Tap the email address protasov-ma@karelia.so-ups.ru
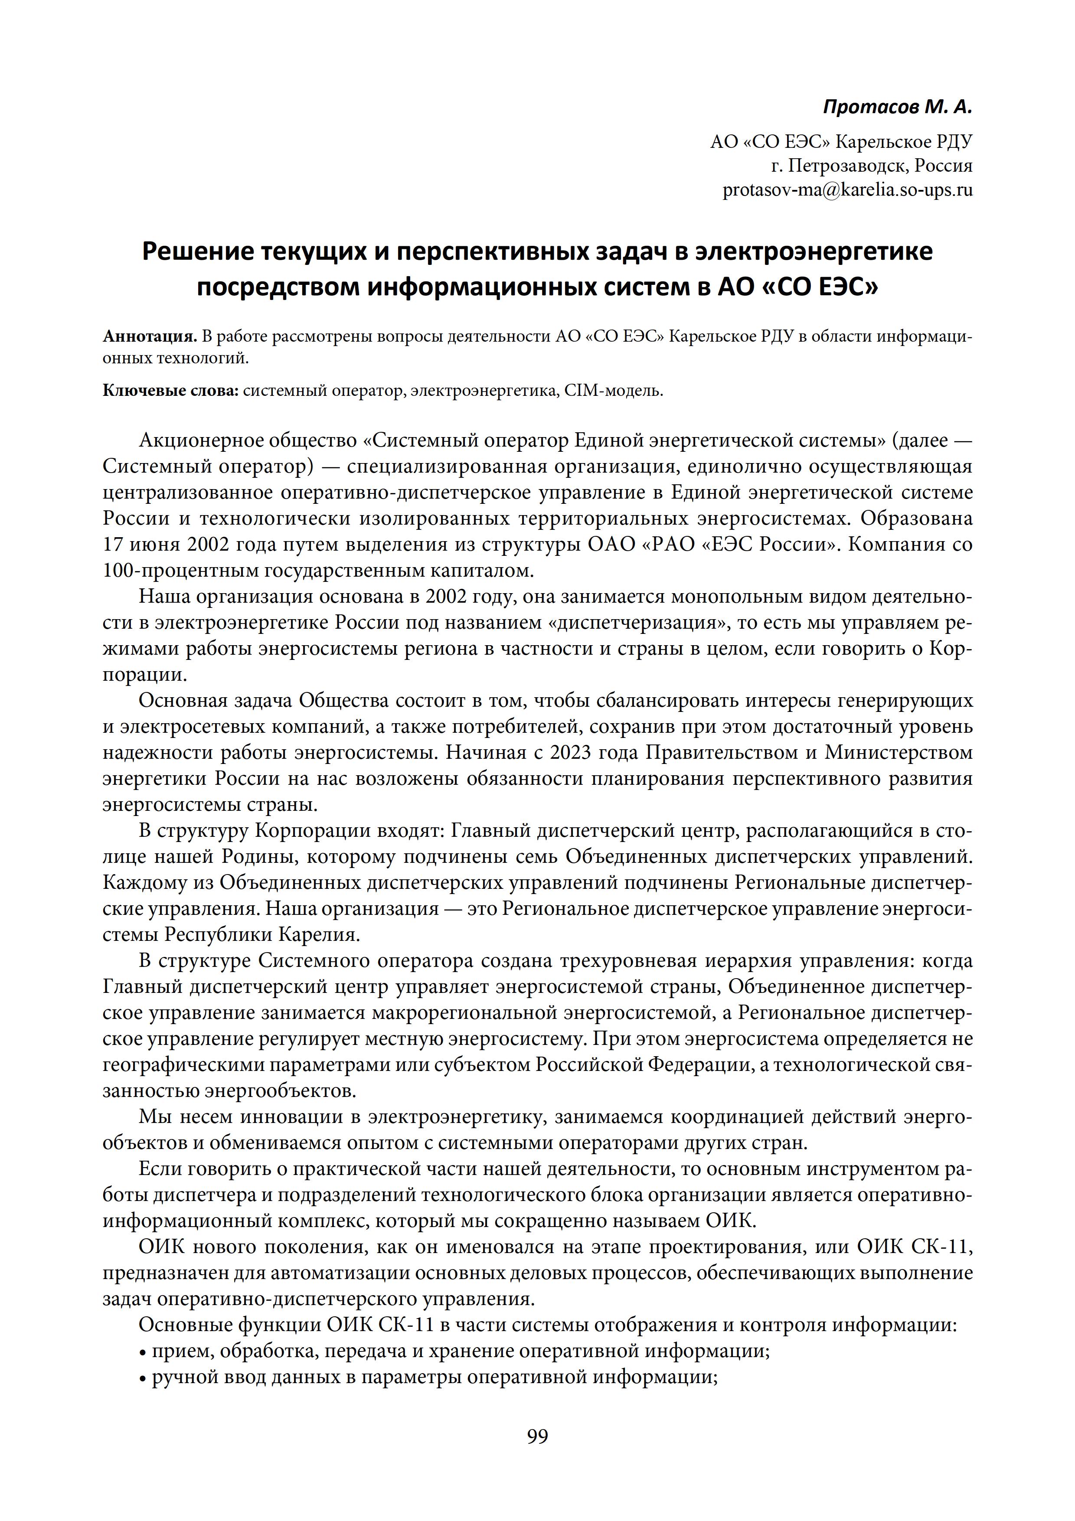pyautogui.click(x=847, y=190)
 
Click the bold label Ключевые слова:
pyautogui.click(x=170, y=391)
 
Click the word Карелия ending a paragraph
pyautogui.click(x=317, y=935)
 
